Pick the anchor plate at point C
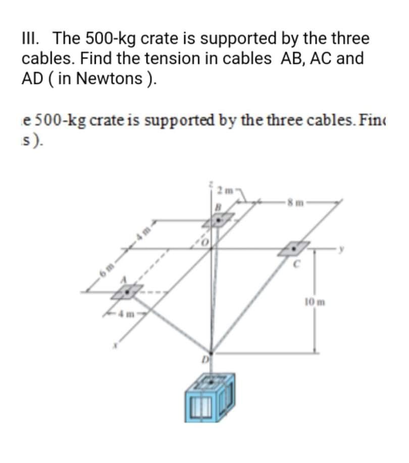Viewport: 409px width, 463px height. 295,248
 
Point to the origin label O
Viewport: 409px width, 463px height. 206,242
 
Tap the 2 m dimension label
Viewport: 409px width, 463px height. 224,190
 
